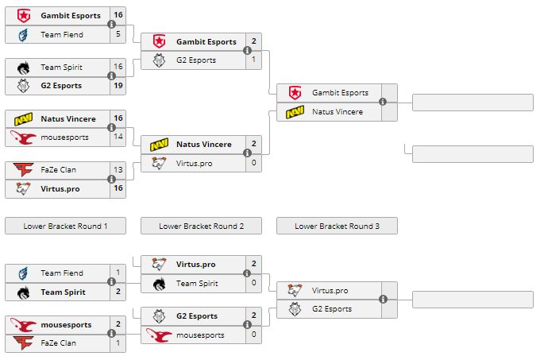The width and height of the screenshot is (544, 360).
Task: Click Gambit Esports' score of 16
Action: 118,15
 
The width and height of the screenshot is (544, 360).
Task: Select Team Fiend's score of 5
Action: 118,34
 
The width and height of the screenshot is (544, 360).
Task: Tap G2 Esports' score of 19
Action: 118,86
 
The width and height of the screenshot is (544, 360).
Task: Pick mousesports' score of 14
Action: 118,137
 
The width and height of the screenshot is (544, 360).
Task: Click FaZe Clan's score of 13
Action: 118,169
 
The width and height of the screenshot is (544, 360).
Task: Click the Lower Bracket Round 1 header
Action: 66,226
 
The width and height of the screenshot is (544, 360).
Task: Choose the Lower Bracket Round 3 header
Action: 337,226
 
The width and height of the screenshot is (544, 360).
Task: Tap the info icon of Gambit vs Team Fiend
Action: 110,25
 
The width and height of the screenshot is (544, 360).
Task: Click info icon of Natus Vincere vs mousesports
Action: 110,128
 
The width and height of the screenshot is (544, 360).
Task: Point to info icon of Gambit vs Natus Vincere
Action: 383,102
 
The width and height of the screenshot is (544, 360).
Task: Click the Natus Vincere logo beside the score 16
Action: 22,118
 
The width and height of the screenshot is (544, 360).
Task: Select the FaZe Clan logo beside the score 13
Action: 22,169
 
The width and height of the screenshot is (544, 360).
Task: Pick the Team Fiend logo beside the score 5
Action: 22,34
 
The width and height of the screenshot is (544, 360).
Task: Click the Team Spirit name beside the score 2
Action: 63,292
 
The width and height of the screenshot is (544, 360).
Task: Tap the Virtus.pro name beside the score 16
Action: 60,188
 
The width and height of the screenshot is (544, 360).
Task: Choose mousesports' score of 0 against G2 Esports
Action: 253,335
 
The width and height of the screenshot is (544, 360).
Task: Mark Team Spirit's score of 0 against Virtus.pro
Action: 253,283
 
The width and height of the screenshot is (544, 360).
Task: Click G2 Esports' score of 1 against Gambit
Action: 253,60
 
